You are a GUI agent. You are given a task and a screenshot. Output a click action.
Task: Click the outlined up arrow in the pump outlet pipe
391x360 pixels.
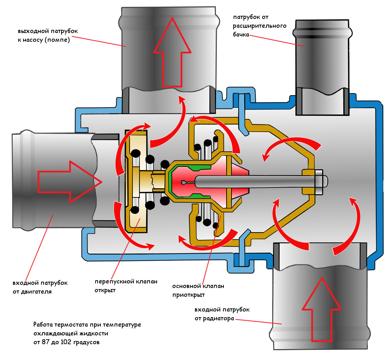pyautogui.click(x=172, y=52)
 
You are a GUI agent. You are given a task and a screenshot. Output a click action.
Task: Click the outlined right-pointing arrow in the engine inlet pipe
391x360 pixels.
pyautogui.click(x=70, y=182)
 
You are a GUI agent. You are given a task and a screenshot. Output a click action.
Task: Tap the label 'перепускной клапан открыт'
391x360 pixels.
pyautogui.click(x=126, y=286)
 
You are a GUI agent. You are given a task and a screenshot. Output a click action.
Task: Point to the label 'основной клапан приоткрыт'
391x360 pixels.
pyautogui.click(x=198, y=290)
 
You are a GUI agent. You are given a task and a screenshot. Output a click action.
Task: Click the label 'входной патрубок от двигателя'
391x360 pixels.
pyautogui.click(x=40, y=287)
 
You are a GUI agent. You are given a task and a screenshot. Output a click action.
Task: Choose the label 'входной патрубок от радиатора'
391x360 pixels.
pyautogui.click(x=222, y=314)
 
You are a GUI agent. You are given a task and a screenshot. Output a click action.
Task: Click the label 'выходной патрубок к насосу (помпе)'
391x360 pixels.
pyautogui.click(x=48, y=35)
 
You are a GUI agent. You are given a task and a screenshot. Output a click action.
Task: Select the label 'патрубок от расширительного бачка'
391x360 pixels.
pyautogui.click(x=260, y=26)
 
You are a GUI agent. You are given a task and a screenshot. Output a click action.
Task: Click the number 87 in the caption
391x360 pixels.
pyautogui.click(x=45, y=342)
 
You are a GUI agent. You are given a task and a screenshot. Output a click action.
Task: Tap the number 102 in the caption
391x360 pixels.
pyautogui.click(x=66, y=342)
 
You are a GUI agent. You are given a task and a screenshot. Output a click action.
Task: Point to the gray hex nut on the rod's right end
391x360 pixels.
pyautogui.click(x=321, y=182)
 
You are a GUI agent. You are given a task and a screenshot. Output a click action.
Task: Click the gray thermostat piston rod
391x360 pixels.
pyautogui.click(x=254, y=181)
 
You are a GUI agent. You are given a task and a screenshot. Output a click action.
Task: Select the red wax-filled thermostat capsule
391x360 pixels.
pyautogui.click(x=209, y=181)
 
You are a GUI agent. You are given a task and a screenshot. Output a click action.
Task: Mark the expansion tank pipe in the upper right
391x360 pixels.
pyautogui.click(x=322, y=67)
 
